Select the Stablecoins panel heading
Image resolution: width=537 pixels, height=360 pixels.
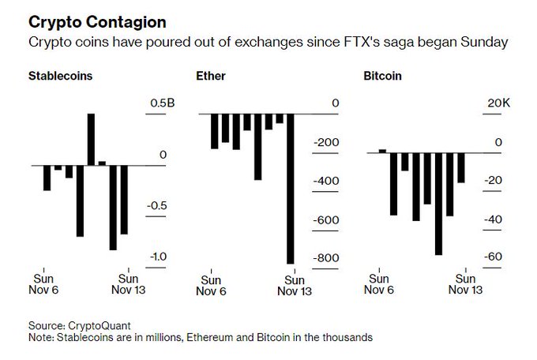[59, 77]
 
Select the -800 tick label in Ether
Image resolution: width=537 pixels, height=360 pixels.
[325, 257]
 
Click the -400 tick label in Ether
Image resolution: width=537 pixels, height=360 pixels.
[325, 181]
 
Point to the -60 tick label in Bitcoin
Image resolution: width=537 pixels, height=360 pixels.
[493, 257]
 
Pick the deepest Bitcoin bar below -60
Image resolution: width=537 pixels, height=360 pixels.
[438, 202]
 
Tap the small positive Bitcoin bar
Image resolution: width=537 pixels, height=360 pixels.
[382, 150]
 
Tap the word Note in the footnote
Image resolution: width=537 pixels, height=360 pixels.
[40, 337]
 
